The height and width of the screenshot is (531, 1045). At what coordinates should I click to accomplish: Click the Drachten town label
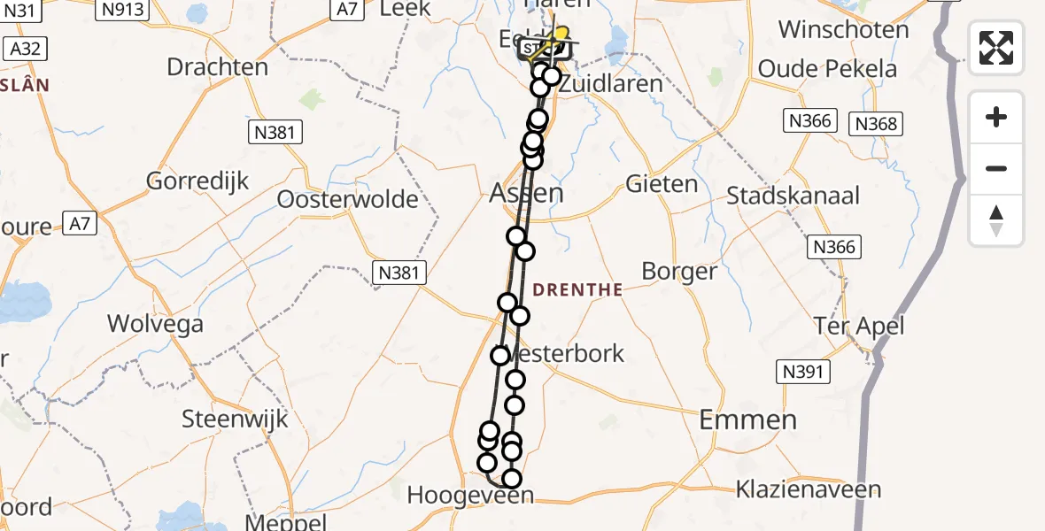point(217,67)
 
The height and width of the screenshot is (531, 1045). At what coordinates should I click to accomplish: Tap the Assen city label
point(526,193)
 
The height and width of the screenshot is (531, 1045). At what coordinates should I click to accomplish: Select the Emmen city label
point(747,419)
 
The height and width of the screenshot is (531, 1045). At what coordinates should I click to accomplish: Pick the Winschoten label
point(843,29)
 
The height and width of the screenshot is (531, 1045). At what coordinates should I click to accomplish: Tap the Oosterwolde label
point(347,199)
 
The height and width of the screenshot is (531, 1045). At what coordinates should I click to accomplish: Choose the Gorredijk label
point(197,181)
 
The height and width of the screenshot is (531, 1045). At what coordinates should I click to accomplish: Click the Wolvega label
point(155,324)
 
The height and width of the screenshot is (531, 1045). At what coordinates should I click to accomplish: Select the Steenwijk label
point(235,418)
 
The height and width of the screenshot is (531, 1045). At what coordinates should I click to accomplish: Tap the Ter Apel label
point(859,327)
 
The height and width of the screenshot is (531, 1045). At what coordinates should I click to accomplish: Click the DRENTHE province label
point(577,289)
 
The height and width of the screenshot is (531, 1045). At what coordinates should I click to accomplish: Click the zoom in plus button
point(996,117)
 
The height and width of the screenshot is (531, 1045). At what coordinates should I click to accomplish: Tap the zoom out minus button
point(996,168)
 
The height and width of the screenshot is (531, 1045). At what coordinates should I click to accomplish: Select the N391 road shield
point(803,373)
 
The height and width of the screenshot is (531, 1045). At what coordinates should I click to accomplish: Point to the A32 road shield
point(23,48)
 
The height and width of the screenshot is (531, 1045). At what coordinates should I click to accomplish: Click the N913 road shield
point(123,9)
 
